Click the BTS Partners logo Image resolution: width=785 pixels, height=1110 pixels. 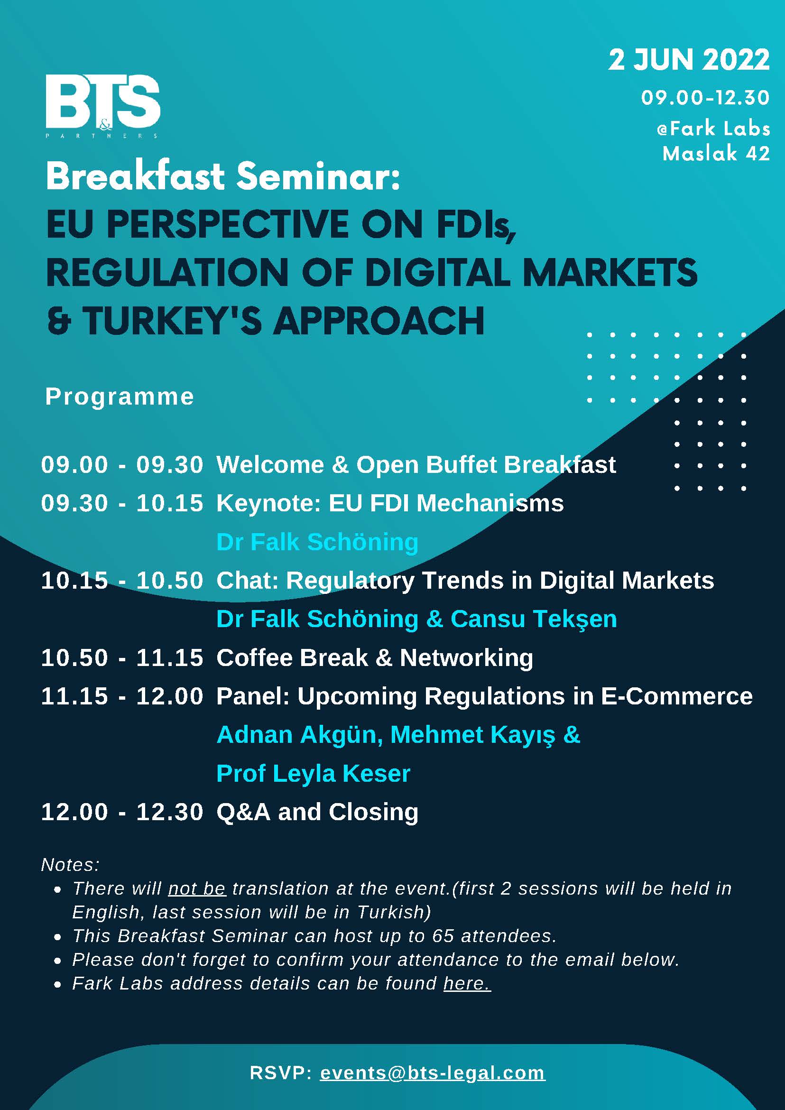coord(102,106)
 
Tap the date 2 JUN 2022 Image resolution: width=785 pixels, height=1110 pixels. coord(689,60)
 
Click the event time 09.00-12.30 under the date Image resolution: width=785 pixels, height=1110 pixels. coord(705,98)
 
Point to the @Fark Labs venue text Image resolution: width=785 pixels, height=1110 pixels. coord(713,129)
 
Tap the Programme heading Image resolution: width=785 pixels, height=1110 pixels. coord(120,397)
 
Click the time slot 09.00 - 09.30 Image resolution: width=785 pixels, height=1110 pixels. coord(122,464)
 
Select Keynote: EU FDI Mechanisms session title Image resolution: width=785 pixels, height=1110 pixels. coord(390,503)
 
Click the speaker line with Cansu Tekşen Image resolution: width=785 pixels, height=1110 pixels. coord(416,620)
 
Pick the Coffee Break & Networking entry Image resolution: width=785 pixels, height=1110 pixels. coord(375,658)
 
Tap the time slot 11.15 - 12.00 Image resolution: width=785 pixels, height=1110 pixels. coord(122,696)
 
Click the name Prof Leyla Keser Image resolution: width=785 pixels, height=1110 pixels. coord(313,774)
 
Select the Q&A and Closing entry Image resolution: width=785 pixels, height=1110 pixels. coord(317,812)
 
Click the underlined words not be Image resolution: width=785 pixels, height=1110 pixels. coord(197,888)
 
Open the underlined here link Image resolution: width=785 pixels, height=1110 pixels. coord(467,983)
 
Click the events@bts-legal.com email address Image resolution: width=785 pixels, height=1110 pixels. coord(433,1073)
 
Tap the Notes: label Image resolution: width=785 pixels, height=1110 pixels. coord(71,864)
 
